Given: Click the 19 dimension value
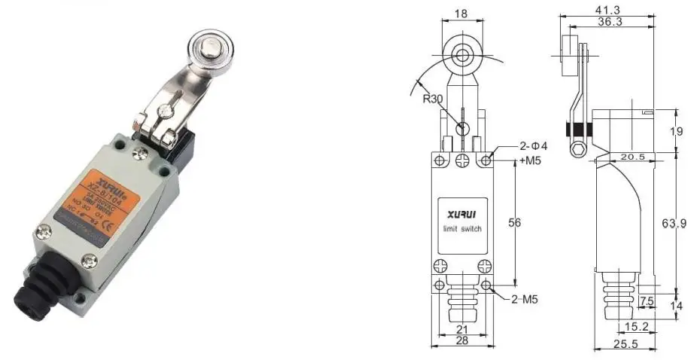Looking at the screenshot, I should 676,131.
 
